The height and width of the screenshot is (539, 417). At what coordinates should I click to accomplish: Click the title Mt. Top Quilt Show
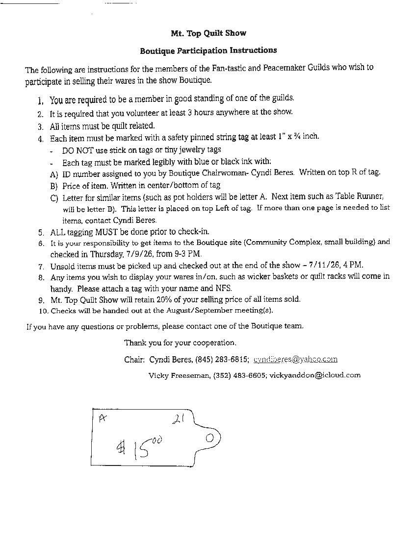[x=208, y=33]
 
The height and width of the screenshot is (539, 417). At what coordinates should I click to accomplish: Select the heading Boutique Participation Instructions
[x=208, y=50]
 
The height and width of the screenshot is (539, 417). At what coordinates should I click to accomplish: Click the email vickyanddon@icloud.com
[x=315, y=375]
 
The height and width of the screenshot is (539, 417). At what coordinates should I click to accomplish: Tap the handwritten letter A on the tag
[x=102, y=418]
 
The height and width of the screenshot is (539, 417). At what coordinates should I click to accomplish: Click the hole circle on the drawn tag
[x=209, y=438]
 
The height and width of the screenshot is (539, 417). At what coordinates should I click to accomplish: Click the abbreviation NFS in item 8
[x=224, y=288]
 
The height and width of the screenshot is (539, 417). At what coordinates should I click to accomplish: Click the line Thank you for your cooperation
[x=180, y=343]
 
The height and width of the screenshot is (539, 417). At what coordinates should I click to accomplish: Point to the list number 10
[x=43, y=311]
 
